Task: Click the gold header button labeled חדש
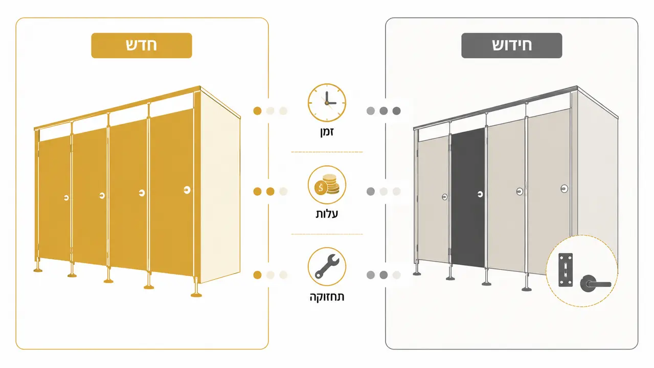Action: pyautogui.click(x=142, y=45)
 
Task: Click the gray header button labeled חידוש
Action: pyautogui.click(x=511, y=45)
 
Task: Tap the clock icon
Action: pyautogui.click(x=327, y=103)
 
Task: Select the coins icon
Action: pyautogui.click(x=327, y=185)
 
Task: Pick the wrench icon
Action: pyautogui.click(x=327, y=266)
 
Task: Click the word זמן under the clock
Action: pyautogui.click(x=327, y=132)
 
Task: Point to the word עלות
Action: pyautogui.click(x=327, y=214)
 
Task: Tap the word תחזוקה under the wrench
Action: pyautogui.click(x=327, y=297)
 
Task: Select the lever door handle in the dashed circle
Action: pyautogui.click(x=595, y=283)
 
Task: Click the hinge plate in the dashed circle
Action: pyautogui.click(x=566, y=270)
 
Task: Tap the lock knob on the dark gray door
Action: pyautogui.click(x=480, y=194)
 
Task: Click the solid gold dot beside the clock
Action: pyautogui.click(x=257, y=111)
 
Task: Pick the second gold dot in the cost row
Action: pyautogui.click(x=270, y=192)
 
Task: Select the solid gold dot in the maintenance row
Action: pyautogui.click(x=257, y=275)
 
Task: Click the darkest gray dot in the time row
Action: pyautogui.click(x=396, y=111)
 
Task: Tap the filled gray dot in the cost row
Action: pyautogui.click(x=371, y=192)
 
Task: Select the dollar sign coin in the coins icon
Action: pyautogui.click(x=321, y=188)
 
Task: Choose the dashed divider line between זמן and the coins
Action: pyautogui.click(x=327, y=152)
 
